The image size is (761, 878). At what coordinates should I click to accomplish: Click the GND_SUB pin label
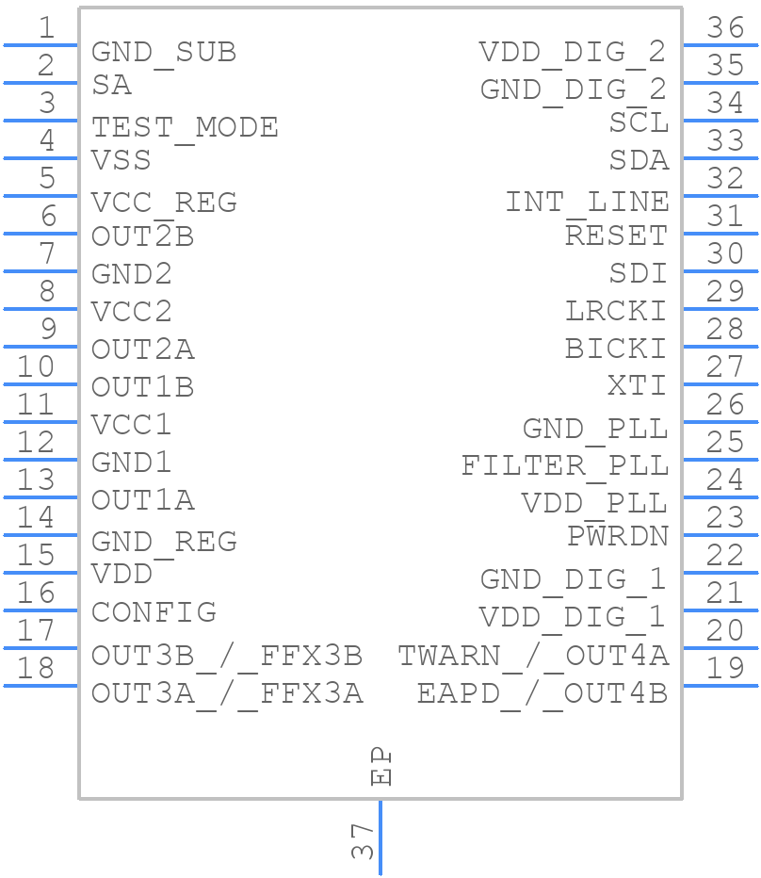point(163,53)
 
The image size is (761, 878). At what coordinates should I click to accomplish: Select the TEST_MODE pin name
point(185,127)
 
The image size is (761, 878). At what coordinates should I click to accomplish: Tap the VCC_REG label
point(164,203)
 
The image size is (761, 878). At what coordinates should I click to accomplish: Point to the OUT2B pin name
point(142,236)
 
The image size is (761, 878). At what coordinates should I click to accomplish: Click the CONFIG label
point(154,612)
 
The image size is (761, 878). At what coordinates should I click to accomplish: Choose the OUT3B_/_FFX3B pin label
point(227,655)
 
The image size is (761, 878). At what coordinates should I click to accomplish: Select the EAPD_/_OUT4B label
point(542,693)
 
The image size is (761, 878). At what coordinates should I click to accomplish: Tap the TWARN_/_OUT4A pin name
point(533,655)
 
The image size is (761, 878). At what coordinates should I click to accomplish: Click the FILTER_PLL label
point(564,465)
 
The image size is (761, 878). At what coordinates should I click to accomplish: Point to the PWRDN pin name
point(617,536)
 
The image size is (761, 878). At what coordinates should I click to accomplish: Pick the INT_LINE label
point(587,202)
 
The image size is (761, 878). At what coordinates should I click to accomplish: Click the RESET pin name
point(616,235)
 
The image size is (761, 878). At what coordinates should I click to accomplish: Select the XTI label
point(637,385)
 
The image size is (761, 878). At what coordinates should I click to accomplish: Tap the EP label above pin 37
point(380,766)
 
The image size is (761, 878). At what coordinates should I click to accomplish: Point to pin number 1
point(45,28)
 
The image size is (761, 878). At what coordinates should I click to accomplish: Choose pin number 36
point(725,28)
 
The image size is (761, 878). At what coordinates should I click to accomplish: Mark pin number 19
point(725,669)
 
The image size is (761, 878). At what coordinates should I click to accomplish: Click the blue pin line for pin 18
point(40,685)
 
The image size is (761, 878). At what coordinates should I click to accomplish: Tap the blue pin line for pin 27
point(721,383)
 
